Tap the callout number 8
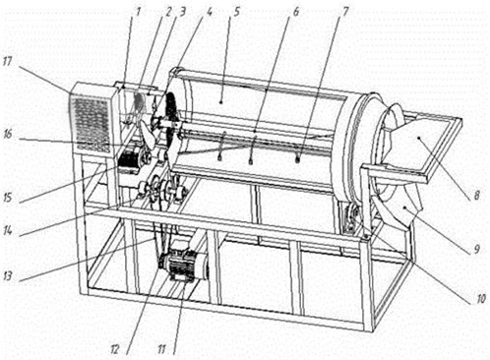click(x=477, y=195)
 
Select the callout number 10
click(x=480, y=299)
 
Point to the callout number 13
click(x=8, y=275)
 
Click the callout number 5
click(x=236, y=11)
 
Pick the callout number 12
click(x=114, y=349)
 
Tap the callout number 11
click(x=161, y=349)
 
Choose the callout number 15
click(x=8, y=198)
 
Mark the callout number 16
click(x=8, y=134)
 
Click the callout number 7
click(x=344, y=11)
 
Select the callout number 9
click(x=477, y=249)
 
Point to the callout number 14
click(x=8, y=230)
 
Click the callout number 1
click(x=138, y=12)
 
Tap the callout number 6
click(x=295, y=11)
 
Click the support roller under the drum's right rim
click(x=351, y=219)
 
